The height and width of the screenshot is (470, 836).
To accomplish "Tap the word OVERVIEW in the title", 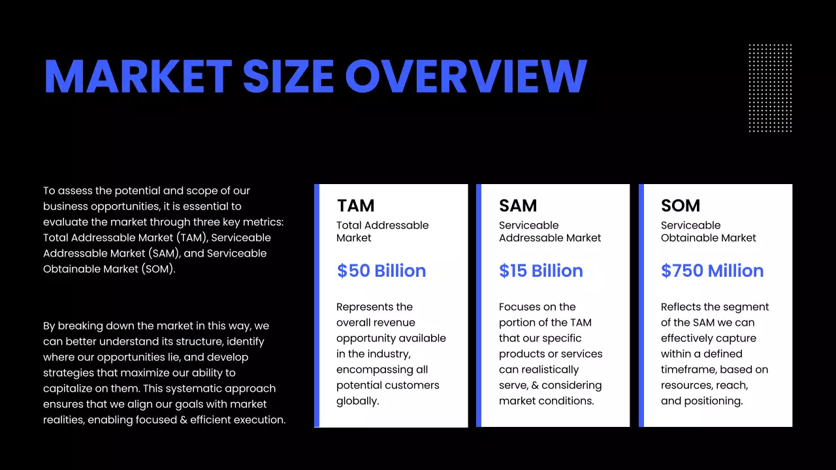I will (466, 76).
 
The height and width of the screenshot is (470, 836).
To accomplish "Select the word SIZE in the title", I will (288, 76).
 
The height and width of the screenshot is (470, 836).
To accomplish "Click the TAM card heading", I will (356, 206).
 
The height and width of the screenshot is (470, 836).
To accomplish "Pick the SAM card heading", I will (518, 206).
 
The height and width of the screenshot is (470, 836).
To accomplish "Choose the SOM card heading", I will (681, 206).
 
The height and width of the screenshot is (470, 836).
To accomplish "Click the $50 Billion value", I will (381, 271).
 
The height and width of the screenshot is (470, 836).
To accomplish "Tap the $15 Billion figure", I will (541, 271).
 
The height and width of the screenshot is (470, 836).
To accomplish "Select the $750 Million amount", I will (712, 271).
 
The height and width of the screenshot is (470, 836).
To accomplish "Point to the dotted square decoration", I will (770, 88).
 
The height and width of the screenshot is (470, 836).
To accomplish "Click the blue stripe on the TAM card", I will (317, 305).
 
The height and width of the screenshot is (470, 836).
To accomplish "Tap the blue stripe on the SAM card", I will (479, 305).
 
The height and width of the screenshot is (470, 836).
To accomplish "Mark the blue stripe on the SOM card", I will (641, 305).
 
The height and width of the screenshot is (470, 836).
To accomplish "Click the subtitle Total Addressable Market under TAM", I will (382, 232).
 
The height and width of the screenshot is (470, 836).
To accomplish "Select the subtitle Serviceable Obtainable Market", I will (708, 232).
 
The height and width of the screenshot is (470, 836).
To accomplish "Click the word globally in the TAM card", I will (357, 401).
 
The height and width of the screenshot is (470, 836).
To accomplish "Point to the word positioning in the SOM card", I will (714, 401).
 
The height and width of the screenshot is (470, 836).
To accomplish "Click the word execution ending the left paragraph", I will (261, 420).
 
